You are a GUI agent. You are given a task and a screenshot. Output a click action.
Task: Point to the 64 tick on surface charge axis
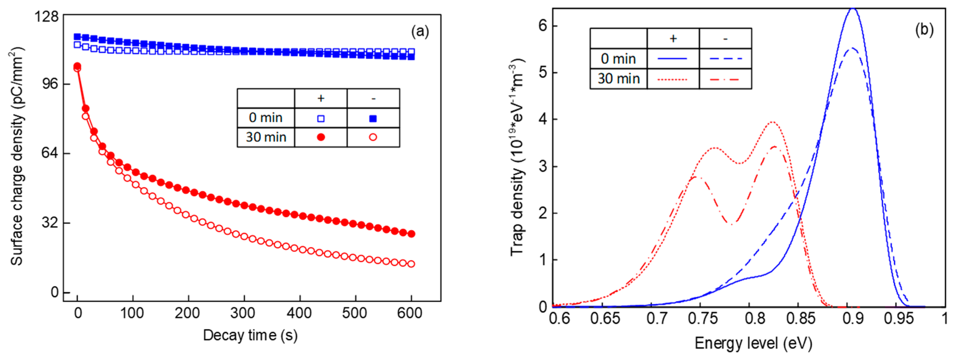pyautogui.click(x=50, y=153)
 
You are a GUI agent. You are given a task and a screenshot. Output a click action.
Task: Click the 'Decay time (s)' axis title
pyautogui.click(x=250, y=335)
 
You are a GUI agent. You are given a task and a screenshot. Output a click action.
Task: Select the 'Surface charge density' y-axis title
pyautogui.click(x=17, y=156)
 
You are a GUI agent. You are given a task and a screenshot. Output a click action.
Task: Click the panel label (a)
pyautogui.click(x=420, y=32)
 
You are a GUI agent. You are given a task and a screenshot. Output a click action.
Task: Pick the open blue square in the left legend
pyautogui.click(x=321, y=118)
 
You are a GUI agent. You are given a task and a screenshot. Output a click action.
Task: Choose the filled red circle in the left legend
pyautogui.click(x=321, y=137)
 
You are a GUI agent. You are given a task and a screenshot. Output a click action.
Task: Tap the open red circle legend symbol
pyautogui.click(x=373, y=137)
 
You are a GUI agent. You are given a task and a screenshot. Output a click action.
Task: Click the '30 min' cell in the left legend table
pyautogui.click(x=266, y=137)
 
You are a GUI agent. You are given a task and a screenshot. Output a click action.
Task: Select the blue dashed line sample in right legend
pyautogui.click(x=726, y=59)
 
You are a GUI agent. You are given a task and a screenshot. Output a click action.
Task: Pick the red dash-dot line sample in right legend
pyautogui.click(x=726, y=79)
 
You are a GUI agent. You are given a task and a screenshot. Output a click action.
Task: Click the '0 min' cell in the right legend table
pyautogui.click(x=618, y=59)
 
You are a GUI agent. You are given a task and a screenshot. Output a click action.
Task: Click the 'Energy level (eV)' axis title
pyautogui.click(x=753, y=343)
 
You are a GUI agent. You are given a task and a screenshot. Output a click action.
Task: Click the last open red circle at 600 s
pyautogui.click(x=411, y=264)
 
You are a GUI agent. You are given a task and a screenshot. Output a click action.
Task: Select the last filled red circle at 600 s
pyautogui.click(x=411, y=234)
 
